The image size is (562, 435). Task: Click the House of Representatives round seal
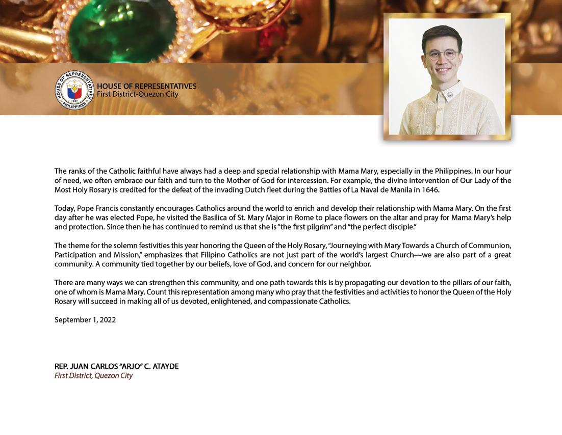click(x=74, y=90)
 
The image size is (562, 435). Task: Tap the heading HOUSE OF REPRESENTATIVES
click(x=146, y=87)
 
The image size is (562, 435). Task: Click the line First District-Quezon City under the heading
click(x=138, y=94)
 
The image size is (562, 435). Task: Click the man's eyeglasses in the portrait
click(x=442, y=54)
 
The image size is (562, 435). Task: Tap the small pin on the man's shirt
click(x=451, y=94)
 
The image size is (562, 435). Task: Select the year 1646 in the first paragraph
click(x=430, y=190)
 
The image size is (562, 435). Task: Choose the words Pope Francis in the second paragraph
click(x=98, y=208)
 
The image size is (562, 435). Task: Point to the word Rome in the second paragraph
click(x=304, y=217)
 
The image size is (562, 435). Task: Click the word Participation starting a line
click(x=75, y=255)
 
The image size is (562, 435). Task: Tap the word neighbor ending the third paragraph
click(x=356, y=264)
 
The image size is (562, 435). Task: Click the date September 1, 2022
click(x=85, y=320)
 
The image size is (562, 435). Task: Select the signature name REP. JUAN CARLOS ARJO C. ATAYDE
click(x=116, y=367)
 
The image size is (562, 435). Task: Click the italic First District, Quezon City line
click(x=93, y=376)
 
